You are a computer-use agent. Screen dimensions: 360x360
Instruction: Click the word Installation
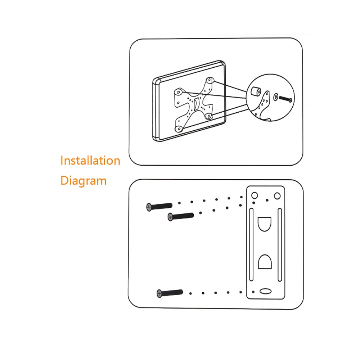coord(90,160)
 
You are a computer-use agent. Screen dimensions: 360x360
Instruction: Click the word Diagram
coord(84,180)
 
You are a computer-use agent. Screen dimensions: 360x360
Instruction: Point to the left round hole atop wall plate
coord(254,195)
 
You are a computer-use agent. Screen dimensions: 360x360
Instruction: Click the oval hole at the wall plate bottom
coord(266,292)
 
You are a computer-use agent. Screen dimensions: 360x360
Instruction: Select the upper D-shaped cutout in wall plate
coord(265,223)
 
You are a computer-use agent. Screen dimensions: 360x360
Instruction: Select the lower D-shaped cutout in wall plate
coord(265,262)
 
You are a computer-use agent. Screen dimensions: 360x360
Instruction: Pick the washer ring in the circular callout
coord(275,97)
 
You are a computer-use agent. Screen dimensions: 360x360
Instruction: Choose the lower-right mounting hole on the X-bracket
coord(208,116)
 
